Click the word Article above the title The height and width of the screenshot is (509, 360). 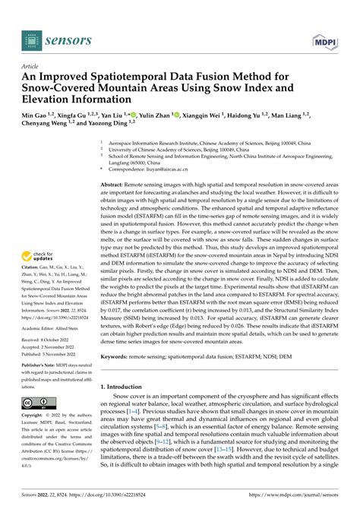coord(32,66)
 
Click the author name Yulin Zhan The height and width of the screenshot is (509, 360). coord(154,115)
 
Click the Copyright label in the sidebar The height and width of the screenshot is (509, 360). coord(33,416)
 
